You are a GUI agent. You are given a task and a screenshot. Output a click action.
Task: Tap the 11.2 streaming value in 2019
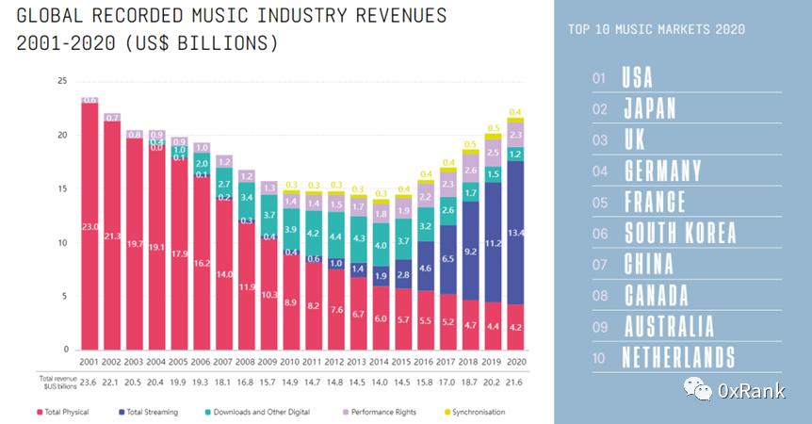[x=493, y=241]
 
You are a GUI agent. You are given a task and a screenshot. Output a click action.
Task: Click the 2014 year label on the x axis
[x=380, y=361]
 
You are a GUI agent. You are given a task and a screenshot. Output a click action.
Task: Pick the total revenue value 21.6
[x=516, y=382]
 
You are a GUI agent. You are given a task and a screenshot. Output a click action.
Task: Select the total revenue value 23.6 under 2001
[x=89, y=382]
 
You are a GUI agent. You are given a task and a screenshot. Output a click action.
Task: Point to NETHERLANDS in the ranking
[x=678, y=357]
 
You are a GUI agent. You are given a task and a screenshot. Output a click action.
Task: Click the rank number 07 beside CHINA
[x=599, y=265]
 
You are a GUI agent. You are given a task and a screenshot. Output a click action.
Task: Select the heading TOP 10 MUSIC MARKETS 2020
[x=657, y=29]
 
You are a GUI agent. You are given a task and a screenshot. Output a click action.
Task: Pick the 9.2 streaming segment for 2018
[x=470, y=253]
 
